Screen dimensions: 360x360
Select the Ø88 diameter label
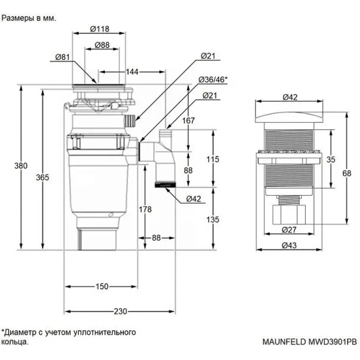103,45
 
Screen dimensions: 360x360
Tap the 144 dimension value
132,72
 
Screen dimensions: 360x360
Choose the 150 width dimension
102,286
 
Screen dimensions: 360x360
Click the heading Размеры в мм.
29,19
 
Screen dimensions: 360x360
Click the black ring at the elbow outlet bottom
165,184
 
